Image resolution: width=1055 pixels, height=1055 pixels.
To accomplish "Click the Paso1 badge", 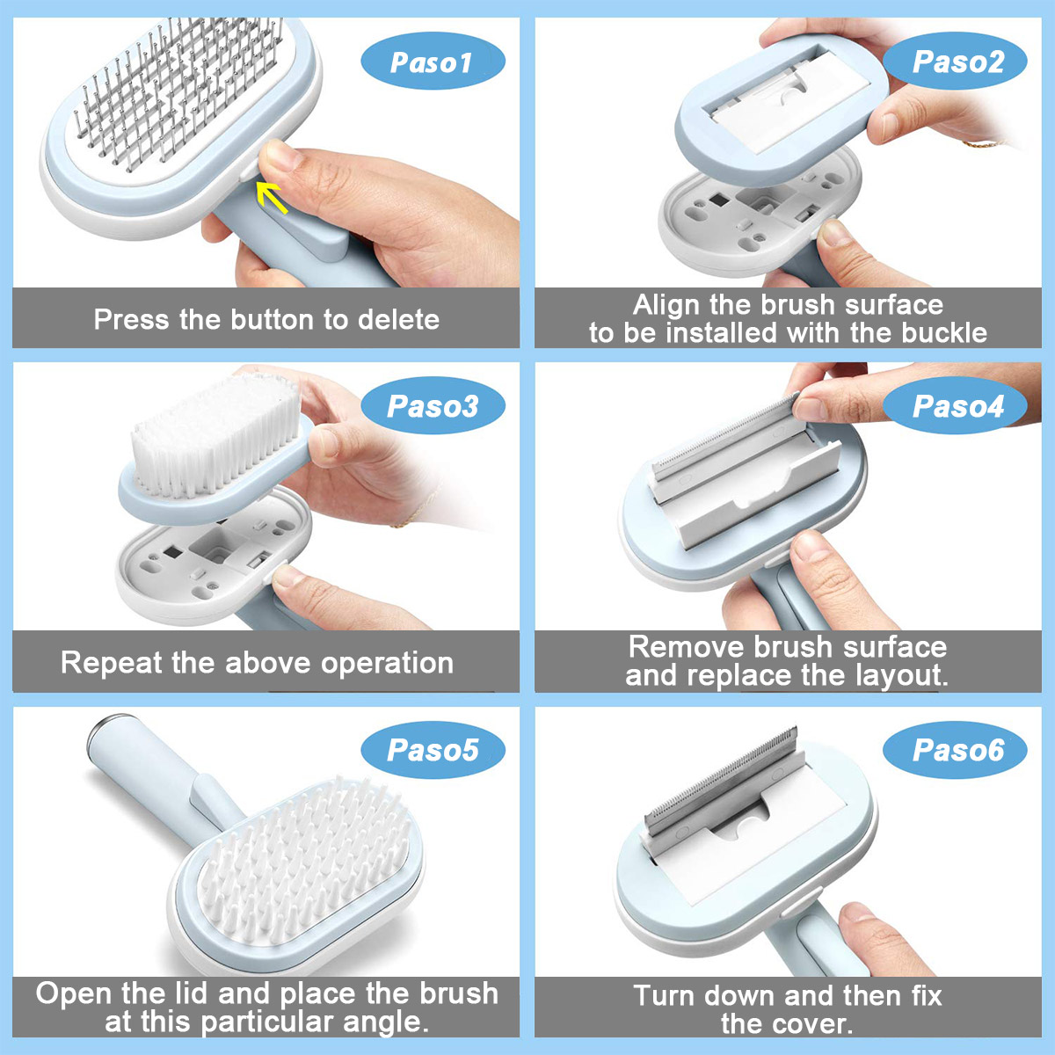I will point(433,62).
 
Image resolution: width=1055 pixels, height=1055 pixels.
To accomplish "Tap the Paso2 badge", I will point(957,62).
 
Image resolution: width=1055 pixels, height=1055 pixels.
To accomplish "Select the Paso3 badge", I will point(433,406).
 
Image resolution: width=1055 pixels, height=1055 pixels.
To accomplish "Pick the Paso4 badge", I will point(957,406).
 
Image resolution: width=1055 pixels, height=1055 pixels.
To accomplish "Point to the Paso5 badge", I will point(433,750).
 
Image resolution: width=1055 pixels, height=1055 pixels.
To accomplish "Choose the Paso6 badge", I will point(957,750).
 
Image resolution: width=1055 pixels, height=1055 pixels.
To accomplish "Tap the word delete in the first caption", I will point(398,319).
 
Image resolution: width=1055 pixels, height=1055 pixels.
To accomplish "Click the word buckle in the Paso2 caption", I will point(938,333).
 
